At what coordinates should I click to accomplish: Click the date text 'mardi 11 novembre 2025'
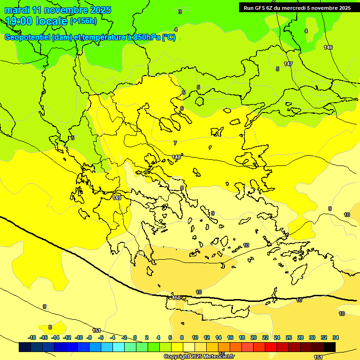(58, 10)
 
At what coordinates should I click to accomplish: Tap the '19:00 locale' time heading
(36, 21)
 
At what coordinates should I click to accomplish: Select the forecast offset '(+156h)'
(83, 21)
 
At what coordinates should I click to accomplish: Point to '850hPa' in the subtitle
(147, 37)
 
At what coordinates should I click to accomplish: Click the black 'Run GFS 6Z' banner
(297, 7)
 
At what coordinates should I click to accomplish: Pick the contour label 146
(328, 47)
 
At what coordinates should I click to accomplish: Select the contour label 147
(288, 64)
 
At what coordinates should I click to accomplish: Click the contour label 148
(176, 157)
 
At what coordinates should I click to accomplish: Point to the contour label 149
(117, 198)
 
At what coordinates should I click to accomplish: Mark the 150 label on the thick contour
(176, 298)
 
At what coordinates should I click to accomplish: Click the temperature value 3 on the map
(180, 12)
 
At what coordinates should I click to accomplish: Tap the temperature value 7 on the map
(175, 143)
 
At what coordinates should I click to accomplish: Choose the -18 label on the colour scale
(32, 337)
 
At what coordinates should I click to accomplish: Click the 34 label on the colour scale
(336, 337)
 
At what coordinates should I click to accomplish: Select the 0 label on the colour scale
(135, 337)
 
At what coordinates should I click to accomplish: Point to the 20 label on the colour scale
(253, 337)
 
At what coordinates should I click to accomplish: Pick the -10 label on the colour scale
(78, 337)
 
